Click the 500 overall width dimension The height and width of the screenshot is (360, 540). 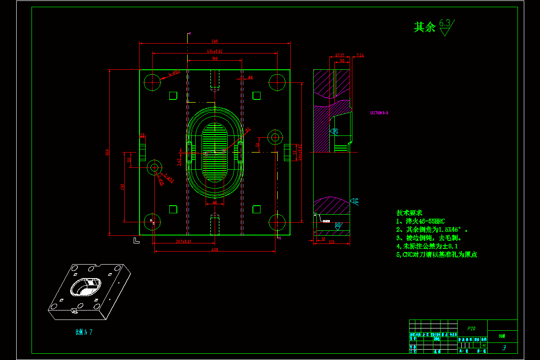[215, 41]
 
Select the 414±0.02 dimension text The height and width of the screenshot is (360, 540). [215, 51]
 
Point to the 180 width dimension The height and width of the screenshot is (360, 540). [215, 58]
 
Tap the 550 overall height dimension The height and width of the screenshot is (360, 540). [108, 153]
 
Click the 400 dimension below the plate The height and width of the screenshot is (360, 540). [215, 250]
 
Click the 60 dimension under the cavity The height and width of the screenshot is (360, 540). [215, 202]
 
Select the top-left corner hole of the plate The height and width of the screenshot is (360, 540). [152, 82]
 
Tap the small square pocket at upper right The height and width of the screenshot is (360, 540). [256, 95]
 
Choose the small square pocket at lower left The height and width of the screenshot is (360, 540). [173, 209]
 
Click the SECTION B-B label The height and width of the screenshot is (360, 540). [379, 113]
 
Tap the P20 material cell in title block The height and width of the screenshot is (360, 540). [471, 328]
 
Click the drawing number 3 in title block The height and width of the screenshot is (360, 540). [504, 347]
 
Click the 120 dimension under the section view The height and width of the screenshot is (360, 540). [331, 243]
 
